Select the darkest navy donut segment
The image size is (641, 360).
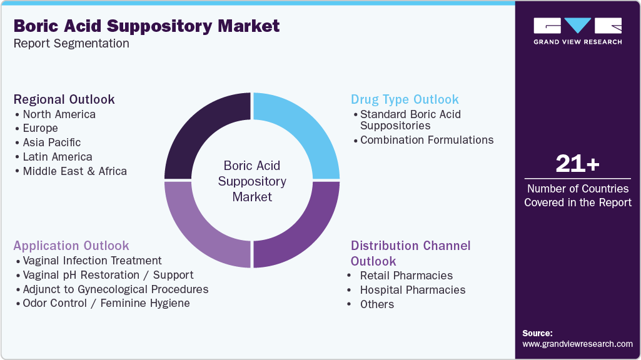pos(203,131)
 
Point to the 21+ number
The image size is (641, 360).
pos(577,164)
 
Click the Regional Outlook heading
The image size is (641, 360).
pos(64,99)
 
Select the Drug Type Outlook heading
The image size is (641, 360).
pos(405,99)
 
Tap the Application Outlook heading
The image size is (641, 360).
pos(71,246)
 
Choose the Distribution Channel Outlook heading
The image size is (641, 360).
pos(410,253)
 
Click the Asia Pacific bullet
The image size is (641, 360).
pos(52,142)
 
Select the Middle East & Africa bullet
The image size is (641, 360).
pos(74,171)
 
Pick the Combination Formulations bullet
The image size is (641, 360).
pos(426,140)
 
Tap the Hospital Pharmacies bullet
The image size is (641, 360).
pos(413,290)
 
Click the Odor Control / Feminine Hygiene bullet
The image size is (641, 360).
pos(106,303)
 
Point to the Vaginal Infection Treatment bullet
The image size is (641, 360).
pos(92,261)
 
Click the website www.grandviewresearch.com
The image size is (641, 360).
pos(577,344)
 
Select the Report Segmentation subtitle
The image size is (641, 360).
pos(71,43)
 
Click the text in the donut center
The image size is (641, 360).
pos(252,181)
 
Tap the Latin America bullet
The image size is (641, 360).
pos(58,157)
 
